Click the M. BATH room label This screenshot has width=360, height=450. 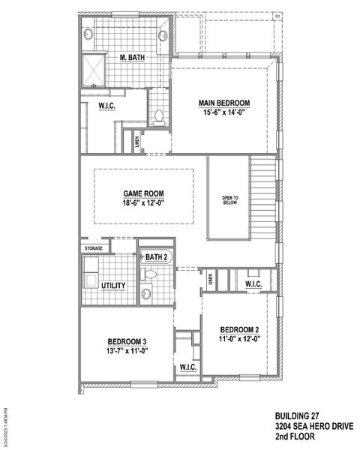(x=132, y=57)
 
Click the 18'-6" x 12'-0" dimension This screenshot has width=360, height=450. (x=142, y=202)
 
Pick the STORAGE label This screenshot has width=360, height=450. (x=93, y=247)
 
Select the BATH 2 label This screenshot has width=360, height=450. (x=156, y=257)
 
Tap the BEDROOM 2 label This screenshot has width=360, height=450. (x=240, y=329)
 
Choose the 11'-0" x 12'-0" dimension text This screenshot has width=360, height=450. (x=240, y=338)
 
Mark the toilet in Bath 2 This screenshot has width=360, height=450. (x=150, y=275)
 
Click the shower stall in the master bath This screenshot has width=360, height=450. (x=94, y=69)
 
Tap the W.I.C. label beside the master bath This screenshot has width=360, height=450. (x=106, y=106)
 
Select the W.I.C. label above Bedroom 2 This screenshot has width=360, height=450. (x=252, y=284)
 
